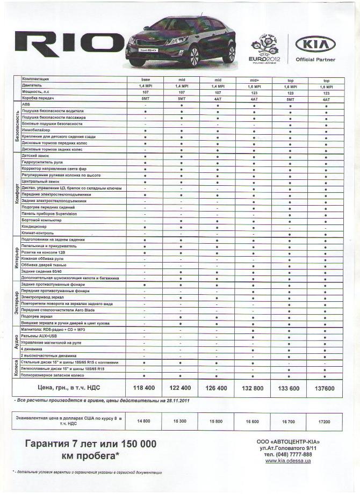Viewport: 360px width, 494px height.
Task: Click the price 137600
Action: pyautogui.click(x=326, y=388)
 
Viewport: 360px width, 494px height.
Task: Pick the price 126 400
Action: pyautogui.click(x=217, y=388)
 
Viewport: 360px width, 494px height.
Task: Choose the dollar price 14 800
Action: pyautogui.click(x=142, y=422)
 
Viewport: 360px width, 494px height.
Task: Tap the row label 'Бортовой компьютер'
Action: pyautogui.click(x=44, y=220)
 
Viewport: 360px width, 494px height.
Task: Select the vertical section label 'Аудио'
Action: pyautogui.click(x=17, y=342)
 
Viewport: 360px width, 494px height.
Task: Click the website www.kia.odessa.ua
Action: pyautogui.click(x=287, y=461)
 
